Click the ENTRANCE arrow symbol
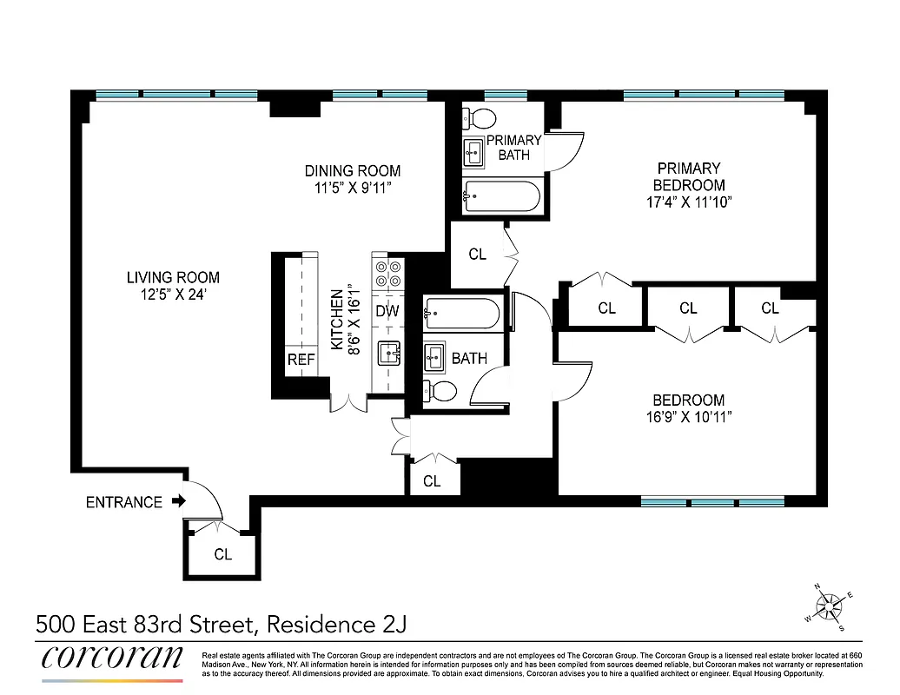(x=179, y=501)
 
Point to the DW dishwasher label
(x=387, y=310)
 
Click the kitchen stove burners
(x=387, y=275)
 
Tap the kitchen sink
(x=388, y=353)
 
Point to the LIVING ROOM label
(x=173, y=278)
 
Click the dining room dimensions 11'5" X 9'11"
(x=352, y=188)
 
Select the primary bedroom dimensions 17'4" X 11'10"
(x=689, y=202)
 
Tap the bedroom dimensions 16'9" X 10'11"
(x=689, y=417)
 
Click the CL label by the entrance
(x=222, y=554)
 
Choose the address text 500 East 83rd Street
(x=144, y=624)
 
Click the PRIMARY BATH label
(x=513, y=148)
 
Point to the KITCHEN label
(x=337, y=320)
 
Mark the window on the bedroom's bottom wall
(x=712, y=501)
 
